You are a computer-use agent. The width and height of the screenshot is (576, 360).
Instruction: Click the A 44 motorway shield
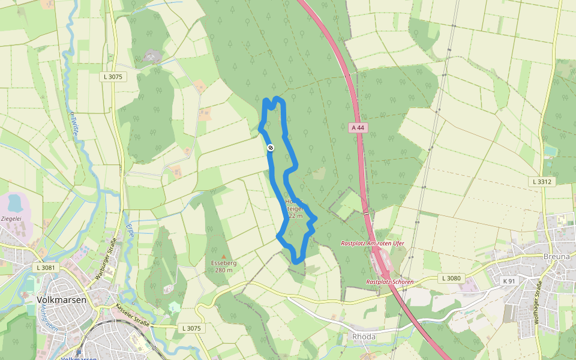358,128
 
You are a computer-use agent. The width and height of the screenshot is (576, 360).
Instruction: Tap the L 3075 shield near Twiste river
112,77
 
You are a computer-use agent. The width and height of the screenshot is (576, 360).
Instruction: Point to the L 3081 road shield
45,268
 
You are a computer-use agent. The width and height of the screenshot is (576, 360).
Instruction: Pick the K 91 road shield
509,281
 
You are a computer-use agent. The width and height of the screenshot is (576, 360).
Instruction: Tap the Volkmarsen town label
62,299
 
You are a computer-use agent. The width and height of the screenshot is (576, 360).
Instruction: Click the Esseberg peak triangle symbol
224,257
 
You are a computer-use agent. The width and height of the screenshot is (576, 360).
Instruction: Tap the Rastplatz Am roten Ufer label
373,243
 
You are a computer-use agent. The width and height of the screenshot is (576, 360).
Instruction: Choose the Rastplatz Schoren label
389,281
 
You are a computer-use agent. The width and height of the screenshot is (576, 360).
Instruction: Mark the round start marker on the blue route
271,148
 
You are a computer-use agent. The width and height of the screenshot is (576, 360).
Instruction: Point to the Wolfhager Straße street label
538,302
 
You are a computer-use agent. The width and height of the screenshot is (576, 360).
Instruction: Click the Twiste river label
73,124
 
